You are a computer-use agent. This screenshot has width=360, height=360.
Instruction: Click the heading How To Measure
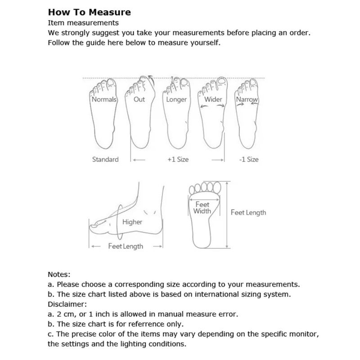pos(90,12)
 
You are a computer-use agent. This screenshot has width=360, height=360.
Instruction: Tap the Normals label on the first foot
pos(104,99)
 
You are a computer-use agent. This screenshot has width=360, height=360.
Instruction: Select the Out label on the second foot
pos(139,99)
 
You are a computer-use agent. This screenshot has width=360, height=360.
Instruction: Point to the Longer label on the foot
pos(176,99)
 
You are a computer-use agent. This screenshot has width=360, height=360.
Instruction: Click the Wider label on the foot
pos(213,99)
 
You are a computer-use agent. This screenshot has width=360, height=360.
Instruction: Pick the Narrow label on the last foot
pos(247,99)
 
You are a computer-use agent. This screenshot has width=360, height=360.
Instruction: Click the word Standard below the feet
pos(105,159)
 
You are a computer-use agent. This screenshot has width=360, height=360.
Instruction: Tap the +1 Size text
pos(178,159)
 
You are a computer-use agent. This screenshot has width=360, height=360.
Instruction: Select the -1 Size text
pos(249,159)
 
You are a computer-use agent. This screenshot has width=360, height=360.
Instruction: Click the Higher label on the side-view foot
pos(132,222)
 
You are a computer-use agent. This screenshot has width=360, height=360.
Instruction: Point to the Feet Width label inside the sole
pos(202,208)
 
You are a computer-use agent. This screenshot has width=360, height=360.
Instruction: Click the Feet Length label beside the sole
pos(248,212)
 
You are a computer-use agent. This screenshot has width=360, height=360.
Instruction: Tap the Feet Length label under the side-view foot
pos(126,246)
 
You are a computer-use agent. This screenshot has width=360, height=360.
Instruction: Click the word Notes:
pos(59,274)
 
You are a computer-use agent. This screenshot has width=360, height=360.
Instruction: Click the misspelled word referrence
pos(147,324)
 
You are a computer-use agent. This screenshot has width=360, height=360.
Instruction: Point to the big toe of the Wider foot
pos(221,81)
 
